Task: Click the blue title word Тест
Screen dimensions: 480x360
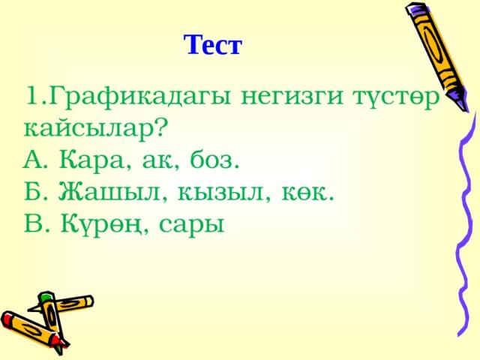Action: (x=213, y=45)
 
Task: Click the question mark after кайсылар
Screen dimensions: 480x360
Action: (x=161, y=127)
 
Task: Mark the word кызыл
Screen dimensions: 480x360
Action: (x=220, y=193)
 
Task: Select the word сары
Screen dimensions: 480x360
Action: (x=192, y=226)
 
